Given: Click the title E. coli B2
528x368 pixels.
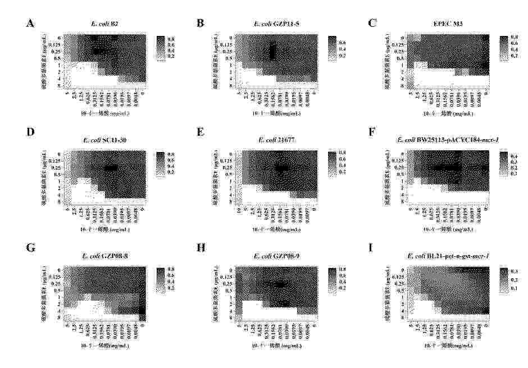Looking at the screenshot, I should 103,24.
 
